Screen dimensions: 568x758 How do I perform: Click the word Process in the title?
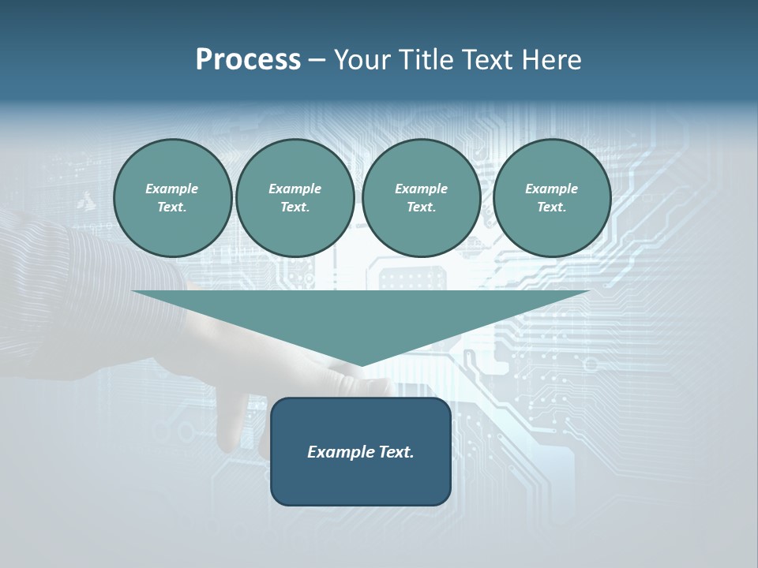(248, 60)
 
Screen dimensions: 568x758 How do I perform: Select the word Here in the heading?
(550, 60)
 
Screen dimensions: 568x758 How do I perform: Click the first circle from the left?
(172, 198)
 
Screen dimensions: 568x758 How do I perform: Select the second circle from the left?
(295, 198)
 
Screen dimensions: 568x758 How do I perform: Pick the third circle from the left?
(421, 198)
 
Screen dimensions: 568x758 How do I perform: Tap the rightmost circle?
(551, 198)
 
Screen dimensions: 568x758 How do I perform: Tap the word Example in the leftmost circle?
(172, 189)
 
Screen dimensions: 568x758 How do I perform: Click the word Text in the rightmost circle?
(551, 207)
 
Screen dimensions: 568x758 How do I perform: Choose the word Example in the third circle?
(421, 189)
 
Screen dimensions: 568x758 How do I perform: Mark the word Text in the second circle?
(295, 207)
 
